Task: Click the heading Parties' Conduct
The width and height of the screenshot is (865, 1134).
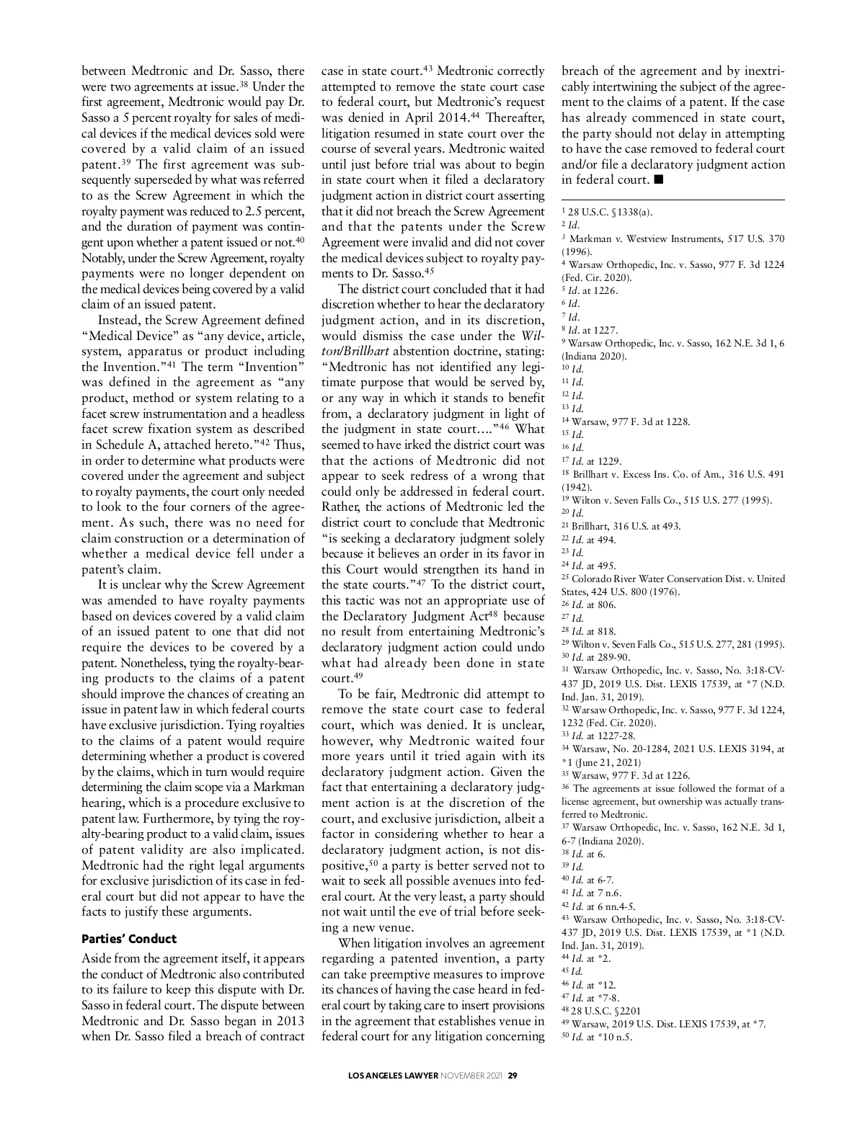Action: coord(129,939)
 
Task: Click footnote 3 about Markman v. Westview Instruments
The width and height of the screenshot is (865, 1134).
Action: coord(673,238)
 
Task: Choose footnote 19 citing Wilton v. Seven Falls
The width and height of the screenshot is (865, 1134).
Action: coord(671,500)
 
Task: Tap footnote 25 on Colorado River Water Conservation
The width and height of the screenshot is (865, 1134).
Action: coord(673,579)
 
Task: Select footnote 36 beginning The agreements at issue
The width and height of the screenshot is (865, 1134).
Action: coord(673,788)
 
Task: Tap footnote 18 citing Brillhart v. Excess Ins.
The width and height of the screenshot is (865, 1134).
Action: coord(673,474)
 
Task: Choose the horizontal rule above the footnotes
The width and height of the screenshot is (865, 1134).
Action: coord(673,200)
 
